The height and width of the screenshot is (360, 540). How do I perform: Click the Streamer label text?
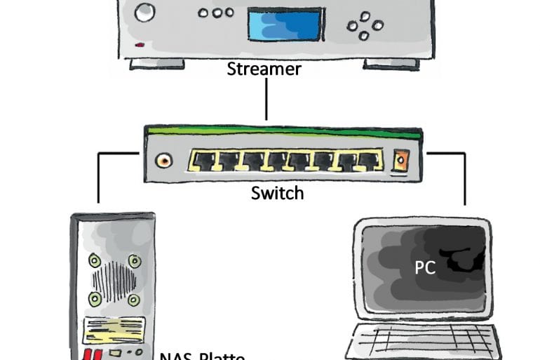point(264,69)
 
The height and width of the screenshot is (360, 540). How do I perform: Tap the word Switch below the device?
point(277,192)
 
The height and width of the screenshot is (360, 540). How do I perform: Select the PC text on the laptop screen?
point(425,267)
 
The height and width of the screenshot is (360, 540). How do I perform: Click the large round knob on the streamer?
point(146,12)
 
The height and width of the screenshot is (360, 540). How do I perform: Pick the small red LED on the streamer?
point(140,44)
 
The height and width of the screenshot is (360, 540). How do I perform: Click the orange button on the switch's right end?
point(400,161)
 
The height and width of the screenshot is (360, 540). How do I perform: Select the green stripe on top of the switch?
point(283,131)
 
